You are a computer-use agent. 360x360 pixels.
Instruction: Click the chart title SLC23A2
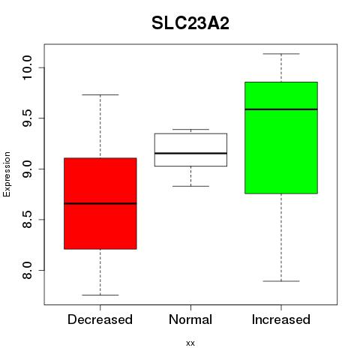pos(190,23)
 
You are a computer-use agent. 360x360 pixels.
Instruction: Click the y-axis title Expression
pos(7,174)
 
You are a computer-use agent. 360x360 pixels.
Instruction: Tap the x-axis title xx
pos(190,343)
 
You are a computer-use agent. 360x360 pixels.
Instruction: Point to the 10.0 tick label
pos(27,67)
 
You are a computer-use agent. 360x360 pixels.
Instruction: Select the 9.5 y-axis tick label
pos(27,118)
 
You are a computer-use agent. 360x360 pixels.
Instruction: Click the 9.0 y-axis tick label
pos(27,169)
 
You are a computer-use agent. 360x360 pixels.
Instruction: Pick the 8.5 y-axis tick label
pos(27,220)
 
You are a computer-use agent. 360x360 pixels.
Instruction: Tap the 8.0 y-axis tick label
pos(27,270)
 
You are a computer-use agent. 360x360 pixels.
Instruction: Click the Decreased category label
pos(100,319)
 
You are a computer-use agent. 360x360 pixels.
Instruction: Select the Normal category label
pos(190,319)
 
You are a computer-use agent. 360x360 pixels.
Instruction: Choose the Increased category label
pos(281,319)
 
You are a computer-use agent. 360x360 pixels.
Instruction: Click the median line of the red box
pos(100,203)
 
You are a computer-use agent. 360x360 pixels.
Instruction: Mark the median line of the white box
pos(190,153)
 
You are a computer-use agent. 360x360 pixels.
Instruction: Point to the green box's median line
pos(281,109)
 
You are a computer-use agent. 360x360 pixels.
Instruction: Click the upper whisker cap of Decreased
pos(100,94)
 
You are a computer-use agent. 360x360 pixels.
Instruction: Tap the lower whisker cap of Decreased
pos(100,295)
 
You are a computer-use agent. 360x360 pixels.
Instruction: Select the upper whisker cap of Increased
pos(281,54)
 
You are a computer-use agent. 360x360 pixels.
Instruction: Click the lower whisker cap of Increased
pos(281,281)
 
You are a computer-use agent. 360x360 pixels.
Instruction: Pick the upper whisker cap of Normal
pos(190,129)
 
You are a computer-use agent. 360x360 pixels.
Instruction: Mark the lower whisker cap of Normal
pos(190,186)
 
